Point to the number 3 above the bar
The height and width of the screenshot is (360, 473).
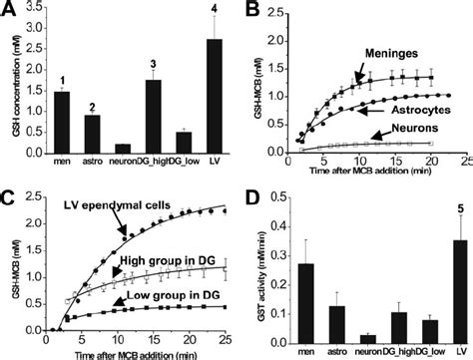[152, 63]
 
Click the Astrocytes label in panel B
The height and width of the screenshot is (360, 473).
[413, 107]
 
